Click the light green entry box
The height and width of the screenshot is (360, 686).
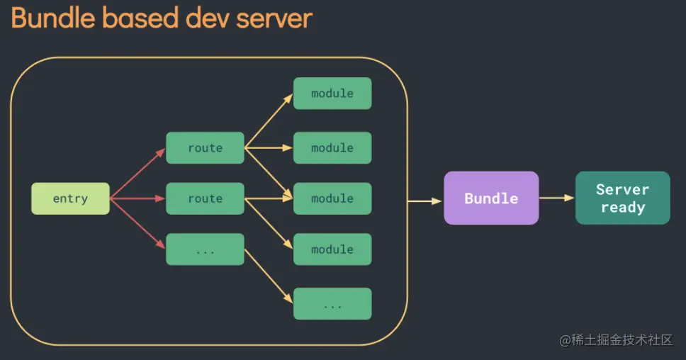point(70,198)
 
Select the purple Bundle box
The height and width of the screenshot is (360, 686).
point(491,198)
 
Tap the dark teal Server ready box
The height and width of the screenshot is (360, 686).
point(622,198)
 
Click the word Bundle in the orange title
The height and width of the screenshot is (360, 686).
point(53,18)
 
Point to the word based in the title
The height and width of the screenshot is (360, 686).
point(141,18)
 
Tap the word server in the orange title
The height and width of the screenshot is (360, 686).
point(274,21)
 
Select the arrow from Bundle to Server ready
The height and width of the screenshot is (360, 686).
point(556,198)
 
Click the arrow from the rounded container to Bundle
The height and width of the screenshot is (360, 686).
point(424,201)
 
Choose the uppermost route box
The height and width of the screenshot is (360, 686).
point(206,148)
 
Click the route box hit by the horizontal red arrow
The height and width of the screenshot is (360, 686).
point(206,198)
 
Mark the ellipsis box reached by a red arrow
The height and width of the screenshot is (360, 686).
point(206,249)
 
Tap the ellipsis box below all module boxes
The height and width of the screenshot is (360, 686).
point(332,303)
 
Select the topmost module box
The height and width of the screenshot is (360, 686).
point(332,93)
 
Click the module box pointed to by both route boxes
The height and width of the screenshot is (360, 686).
point(332,198)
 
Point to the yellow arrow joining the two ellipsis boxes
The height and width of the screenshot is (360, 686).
point(269,276)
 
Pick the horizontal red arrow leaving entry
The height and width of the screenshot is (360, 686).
point(137,198)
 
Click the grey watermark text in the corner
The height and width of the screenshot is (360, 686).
point(616,340)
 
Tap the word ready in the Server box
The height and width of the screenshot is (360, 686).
point(623,208)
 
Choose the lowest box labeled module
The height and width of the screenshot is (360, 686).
point(332,249)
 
